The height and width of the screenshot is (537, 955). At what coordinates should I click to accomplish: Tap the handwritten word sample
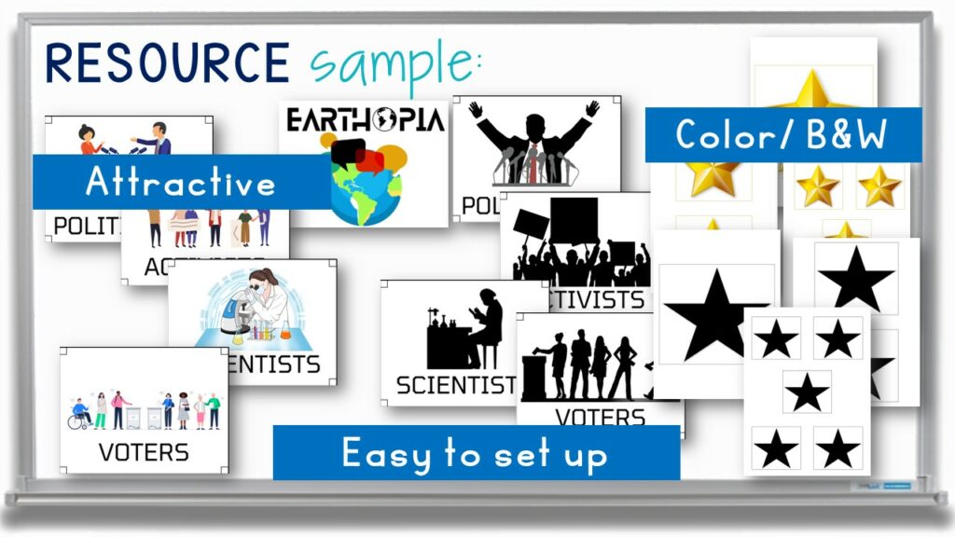pyautogui.click(x=396, y=63)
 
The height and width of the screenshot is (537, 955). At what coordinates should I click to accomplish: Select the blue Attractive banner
pyautogui.click(x=181, y=182)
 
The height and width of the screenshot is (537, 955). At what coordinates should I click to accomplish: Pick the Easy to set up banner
pyautogui.click(x=476, y=454)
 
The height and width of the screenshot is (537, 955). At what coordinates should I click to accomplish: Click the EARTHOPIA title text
pyautogui.click(x=365, y=121)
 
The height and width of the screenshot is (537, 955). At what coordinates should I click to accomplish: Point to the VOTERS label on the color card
pyautogui.click(x=144, y=452)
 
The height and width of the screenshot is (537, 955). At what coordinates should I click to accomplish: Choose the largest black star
pyautogui.click(x=713, y=314)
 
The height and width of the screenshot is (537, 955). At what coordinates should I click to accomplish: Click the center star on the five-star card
pyautogui.click(x=807, y=392)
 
